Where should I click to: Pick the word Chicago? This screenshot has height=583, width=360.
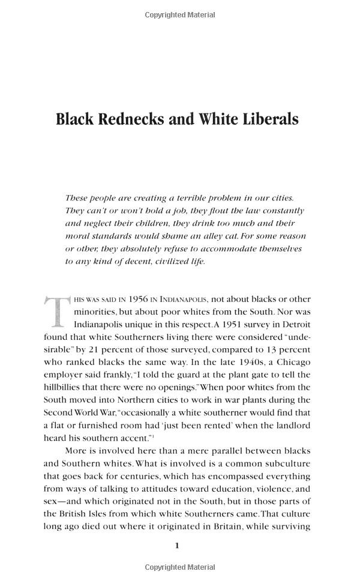[x=291, y=362]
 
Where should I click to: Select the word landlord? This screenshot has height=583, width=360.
[x=290, y=424]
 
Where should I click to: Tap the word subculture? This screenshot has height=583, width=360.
[x=281, y=462]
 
